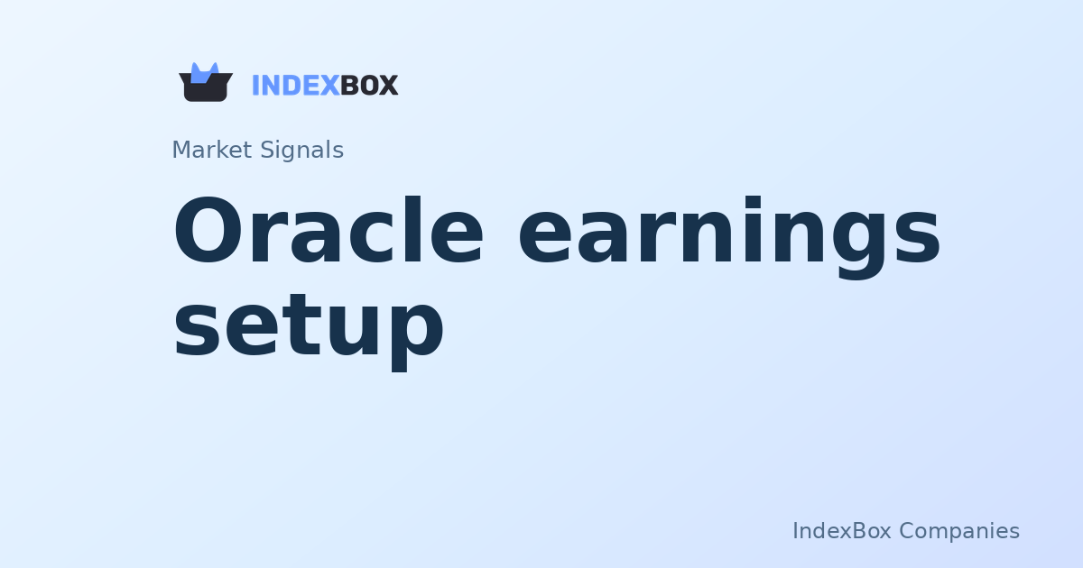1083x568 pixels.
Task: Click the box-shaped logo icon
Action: (x=206, y=85)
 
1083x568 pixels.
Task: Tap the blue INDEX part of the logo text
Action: (x=295, y=86)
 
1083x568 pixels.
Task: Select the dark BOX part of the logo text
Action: (x=369, y=86)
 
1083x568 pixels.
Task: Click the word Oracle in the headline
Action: (x=329, y=233)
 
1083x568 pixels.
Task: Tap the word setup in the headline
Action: (x=308, y=326)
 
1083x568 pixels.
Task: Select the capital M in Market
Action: (x=180, y=150)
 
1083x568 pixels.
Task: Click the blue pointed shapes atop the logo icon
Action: (x=205, y=71)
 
